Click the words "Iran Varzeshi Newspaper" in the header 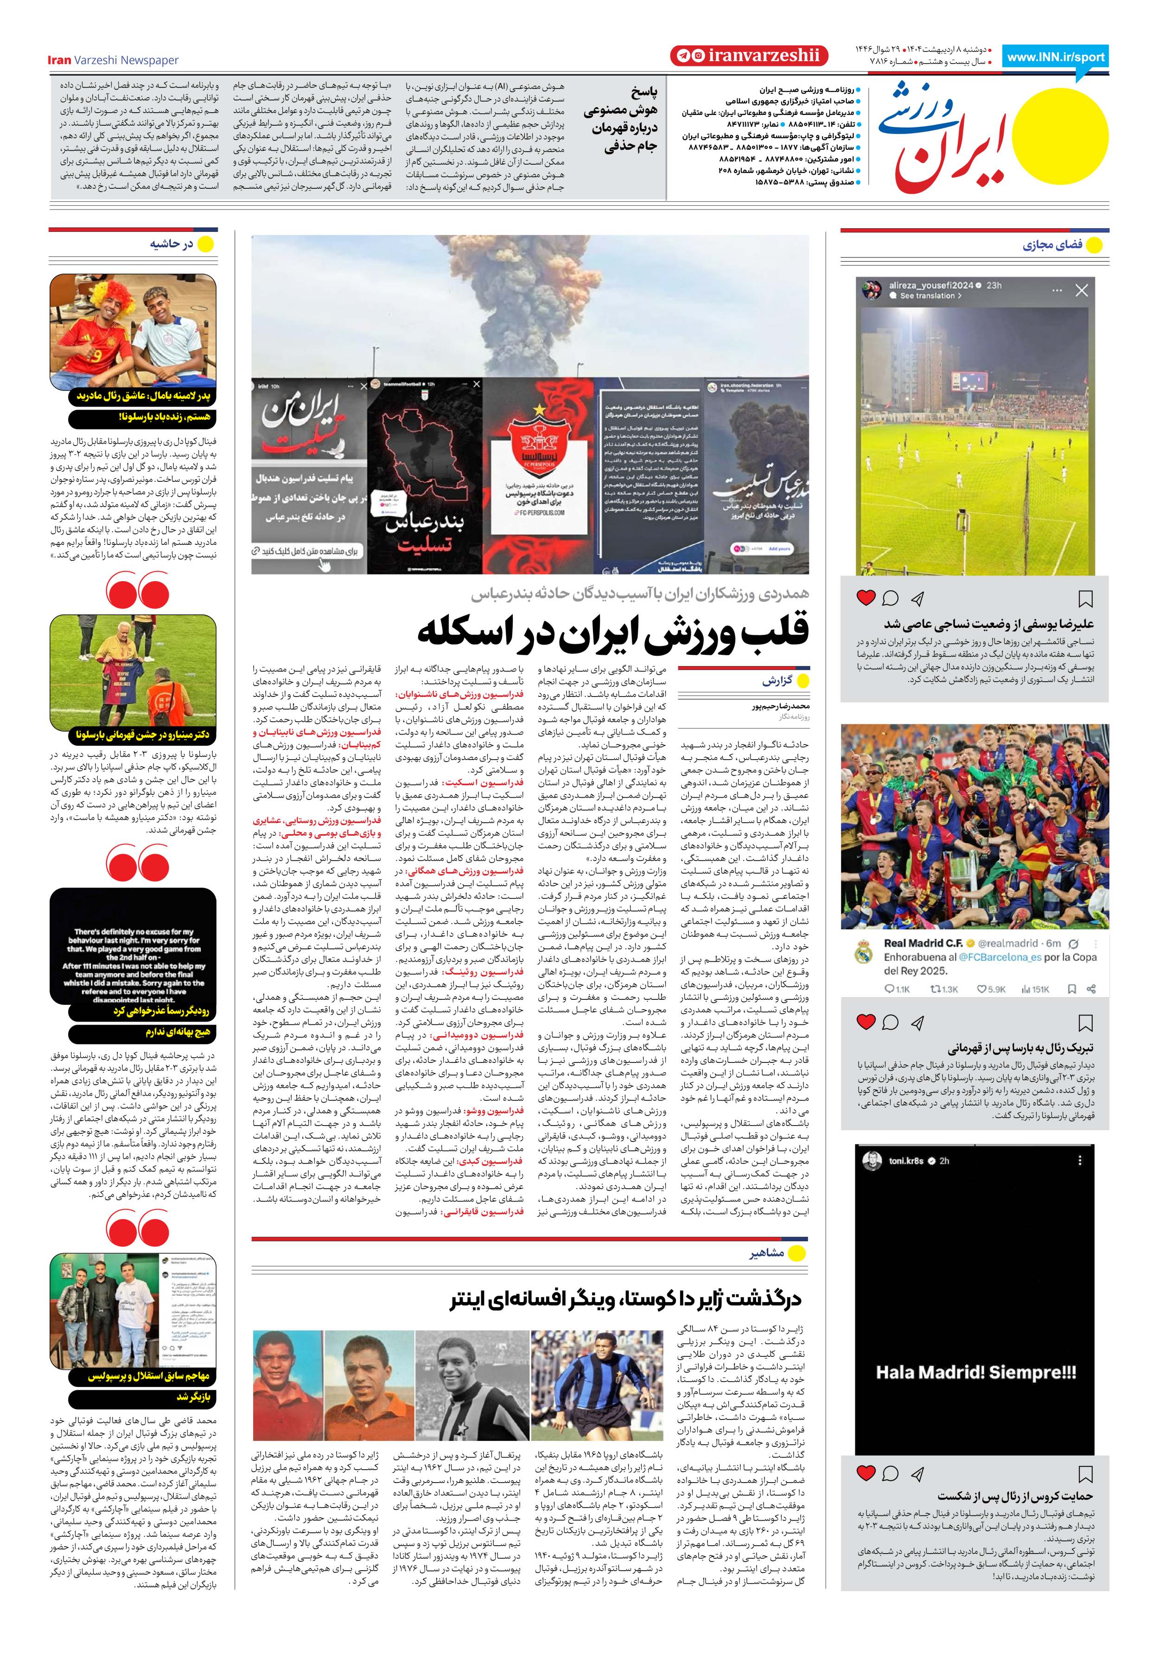click(x=113, y=61)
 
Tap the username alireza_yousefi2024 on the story click(x=930, y=286)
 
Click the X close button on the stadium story click(x=1081, y=291)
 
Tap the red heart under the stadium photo click(x=866, y=597)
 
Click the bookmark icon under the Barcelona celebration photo click(x=1085, y=1022)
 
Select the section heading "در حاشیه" click(x=171, y=244)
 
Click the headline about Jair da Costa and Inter click(x=625, y=1299)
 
